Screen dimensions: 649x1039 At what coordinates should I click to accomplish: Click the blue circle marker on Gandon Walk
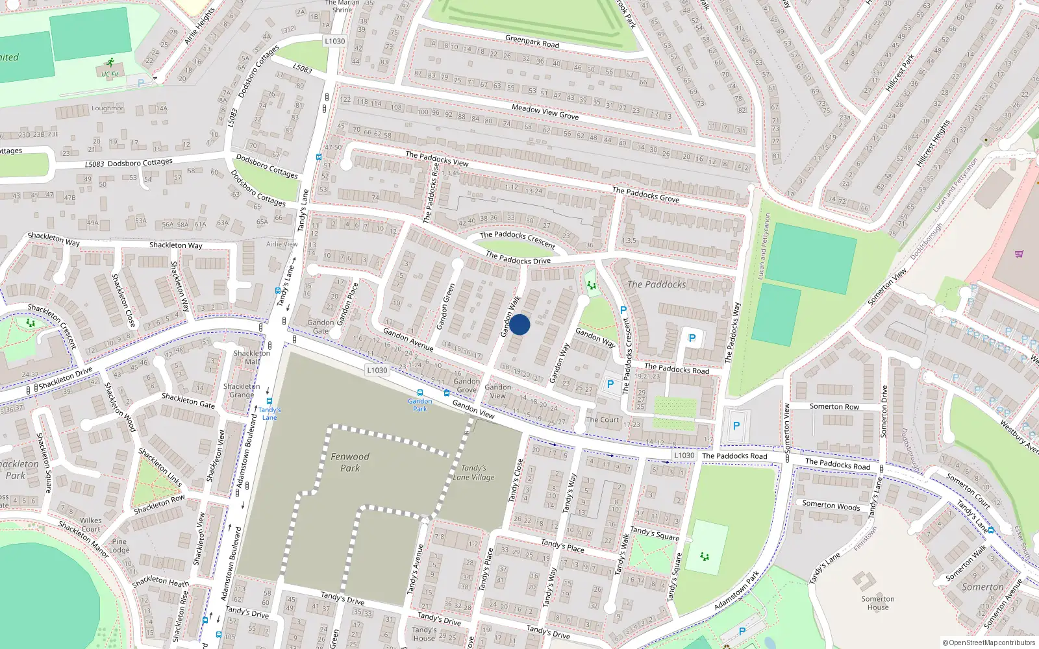coord(519,324)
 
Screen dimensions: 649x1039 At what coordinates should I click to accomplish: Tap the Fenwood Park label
coord(349,462)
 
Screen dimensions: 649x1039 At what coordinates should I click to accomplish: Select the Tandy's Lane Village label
coord(474,472)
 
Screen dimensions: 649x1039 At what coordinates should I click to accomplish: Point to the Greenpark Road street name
coord(532,42)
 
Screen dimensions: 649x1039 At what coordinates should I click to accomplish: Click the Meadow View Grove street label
coord(545,112)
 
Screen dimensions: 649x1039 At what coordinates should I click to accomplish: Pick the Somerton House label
coord(878,604)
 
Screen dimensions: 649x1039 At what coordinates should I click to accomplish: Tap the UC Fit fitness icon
coord(110,63)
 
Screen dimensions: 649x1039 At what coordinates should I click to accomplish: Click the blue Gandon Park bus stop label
coord(420,405)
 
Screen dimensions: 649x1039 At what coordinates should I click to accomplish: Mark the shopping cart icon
coord(1019,254)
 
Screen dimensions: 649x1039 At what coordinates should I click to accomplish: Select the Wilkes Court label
coord(91,524)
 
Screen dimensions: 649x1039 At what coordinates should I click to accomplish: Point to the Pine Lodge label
coord(119,546)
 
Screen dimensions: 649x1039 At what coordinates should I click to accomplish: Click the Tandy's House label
coord(424,633)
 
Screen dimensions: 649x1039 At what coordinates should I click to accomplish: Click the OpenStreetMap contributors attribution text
coord(988,643)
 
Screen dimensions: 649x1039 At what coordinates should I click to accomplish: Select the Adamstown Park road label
coord(736,591)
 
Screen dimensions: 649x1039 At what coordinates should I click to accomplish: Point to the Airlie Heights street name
coord(199,26)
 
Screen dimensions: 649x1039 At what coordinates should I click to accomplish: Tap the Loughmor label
coord(107,108)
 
